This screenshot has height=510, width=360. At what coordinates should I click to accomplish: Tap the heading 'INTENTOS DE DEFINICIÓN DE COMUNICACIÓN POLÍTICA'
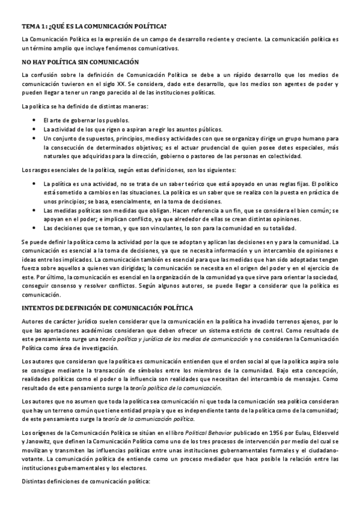click(x=106, y=307)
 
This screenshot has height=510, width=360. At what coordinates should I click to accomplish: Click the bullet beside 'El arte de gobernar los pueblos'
click(x=35, y=120)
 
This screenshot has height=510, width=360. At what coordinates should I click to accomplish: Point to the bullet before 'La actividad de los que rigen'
click(x=35, y=129)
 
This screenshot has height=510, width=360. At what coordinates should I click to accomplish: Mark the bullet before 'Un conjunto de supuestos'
click(x=35, y=138)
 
